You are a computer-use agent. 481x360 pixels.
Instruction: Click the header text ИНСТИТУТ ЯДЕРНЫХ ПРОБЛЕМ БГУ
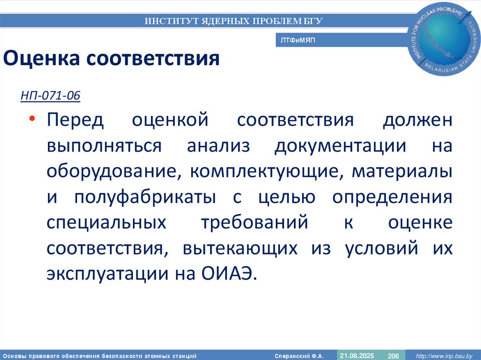coord(233,21)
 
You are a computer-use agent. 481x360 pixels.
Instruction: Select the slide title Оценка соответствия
coord(112,59)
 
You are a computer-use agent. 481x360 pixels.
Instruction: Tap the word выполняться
coord(104,146)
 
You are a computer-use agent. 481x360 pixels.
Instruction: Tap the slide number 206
coord(393,356)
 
